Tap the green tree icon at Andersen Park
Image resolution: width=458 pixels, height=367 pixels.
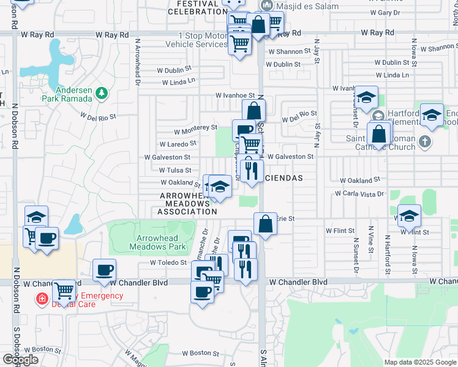tap(102, 93)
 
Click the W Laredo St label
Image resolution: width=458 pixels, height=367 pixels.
tap(178, 144)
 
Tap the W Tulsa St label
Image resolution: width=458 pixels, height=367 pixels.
tap(175, 171)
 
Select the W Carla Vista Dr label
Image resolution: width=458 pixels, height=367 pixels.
tap(359, 194)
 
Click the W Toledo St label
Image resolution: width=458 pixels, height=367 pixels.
tap(168, 262)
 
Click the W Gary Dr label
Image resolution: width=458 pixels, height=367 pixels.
tap(385, 12)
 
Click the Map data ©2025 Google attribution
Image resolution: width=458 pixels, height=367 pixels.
tap(420, 362)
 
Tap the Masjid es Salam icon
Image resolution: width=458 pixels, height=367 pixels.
tap(266, 5)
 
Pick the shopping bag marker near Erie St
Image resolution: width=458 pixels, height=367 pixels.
tap(265, 223)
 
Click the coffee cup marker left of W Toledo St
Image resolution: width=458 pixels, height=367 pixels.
tap(104, 270)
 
